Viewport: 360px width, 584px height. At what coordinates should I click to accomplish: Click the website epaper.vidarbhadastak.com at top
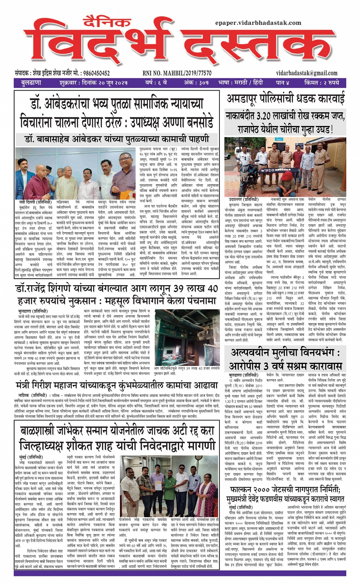(258, 23)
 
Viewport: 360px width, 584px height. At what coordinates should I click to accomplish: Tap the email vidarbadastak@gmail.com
(307, 73)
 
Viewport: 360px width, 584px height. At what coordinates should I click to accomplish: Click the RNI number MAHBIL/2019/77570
(187, 73)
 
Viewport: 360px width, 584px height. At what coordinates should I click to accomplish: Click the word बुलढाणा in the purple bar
(31, 83)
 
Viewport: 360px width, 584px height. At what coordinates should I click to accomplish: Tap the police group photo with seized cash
(286, 166)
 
